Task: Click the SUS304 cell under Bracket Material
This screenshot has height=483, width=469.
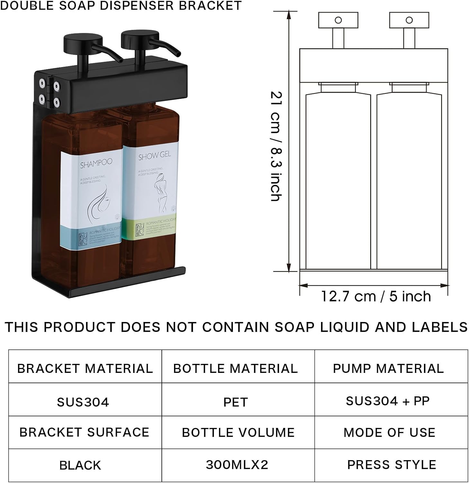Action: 83,402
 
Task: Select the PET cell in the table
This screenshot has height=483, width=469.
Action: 235,402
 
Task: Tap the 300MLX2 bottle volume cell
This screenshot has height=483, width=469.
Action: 237,465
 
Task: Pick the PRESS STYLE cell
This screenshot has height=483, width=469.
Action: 391,465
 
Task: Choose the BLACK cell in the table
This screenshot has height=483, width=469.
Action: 80,465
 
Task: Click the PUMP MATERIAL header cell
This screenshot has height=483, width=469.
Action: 388,368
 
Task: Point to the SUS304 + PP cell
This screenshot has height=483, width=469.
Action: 388,401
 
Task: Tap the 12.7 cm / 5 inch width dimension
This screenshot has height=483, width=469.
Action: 376,296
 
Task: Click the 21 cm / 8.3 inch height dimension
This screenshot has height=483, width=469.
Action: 276,147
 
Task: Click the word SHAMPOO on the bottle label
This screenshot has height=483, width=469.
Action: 96,164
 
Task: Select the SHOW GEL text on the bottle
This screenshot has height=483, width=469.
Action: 154,156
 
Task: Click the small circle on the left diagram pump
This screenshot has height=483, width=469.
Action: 338,20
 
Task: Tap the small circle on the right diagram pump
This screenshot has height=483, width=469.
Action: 409,20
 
